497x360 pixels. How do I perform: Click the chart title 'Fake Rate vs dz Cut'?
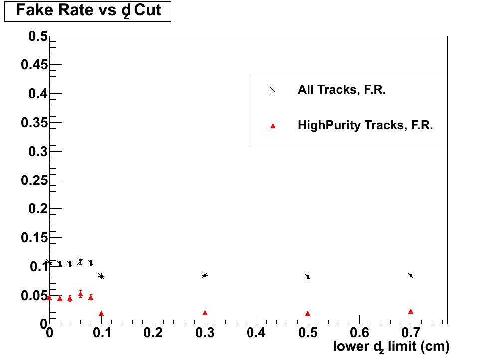(88, 11)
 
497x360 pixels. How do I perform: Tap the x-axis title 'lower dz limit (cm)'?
(391, 346)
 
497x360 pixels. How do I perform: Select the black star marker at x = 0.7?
(411, 276)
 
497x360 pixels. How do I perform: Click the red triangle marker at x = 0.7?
(411, 312)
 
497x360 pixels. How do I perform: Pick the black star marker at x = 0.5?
(308, 277)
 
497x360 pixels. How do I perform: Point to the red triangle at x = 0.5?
(308, 314)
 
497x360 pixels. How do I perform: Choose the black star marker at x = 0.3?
(204, 275)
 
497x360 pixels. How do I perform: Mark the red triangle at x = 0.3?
(205, 313)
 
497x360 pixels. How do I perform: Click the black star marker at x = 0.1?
(101, 276)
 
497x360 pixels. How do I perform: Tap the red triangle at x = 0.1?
(101, 314)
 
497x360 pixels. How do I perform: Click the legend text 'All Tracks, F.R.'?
(342, 90)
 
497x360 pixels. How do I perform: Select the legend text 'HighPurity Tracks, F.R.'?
(365, 126)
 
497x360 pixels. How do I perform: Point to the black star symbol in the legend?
(272, 90)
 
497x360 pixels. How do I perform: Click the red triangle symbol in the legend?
(273, 126)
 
